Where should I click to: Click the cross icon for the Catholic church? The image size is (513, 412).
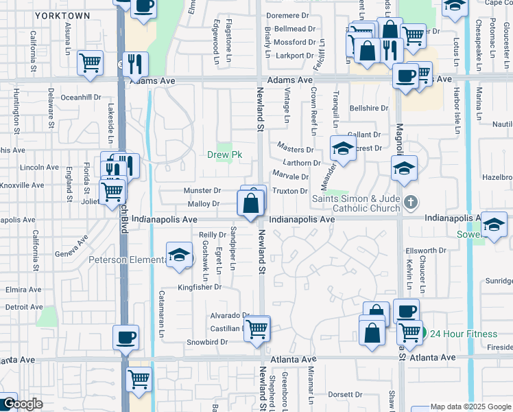coord(410,201)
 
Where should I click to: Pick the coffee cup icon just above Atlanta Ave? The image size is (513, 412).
coord(126,337)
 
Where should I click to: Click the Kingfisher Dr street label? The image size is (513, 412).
coord(200,287)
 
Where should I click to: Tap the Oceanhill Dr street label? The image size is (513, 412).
coord(81,98)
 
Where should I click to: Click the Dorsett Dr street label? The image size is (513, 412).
coord(344,395)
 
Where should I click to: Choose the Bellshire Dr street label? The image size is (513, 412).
coord(368,108)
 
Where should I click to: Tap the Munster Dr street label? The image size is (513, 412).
coord(202,191)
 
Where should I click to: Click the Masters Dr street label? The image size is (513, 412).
coord(295,149)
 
